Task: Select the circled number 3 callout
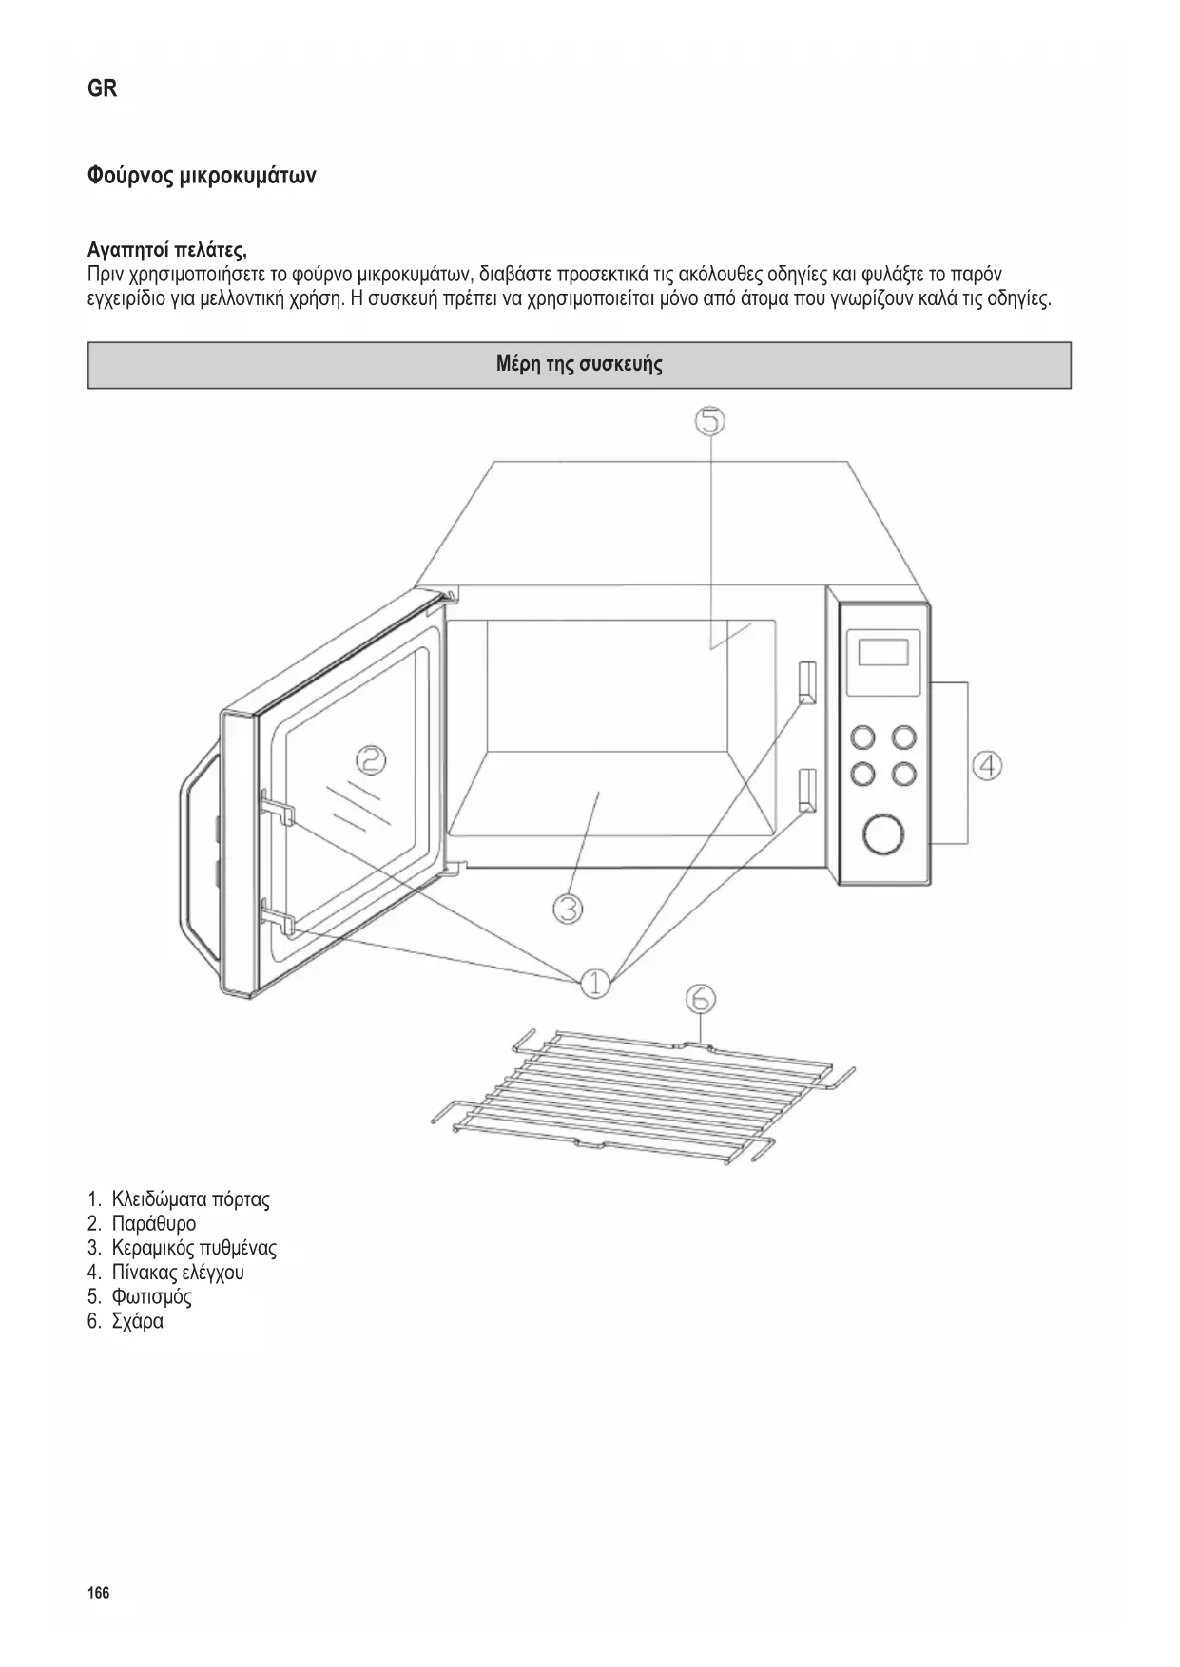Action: click(568, 910)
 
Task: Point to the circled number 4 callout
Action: click(988, 765)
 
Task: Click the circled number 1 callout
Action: click(595, 983)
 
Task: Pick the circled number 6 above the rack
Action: click(700, 999)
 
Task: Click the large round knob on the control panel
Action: click(882, 834)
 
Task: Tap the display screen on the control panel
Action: click(883, 653)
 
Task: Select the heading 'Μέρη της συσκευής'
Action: click(579, 364)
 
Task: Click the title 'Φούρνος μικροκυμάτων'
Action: click(202, 176)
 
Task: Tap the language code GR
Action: click(103, 88)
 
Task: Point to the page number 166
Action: click(98, 1592)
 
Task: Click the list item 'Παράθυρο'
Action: click(153, 1223)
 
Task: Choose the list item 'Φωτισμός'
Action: click(151, 1296)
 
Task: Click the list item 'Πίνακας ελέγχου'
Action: click(177, 1272)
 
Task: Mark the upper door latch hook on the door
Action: click(277, 806)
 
